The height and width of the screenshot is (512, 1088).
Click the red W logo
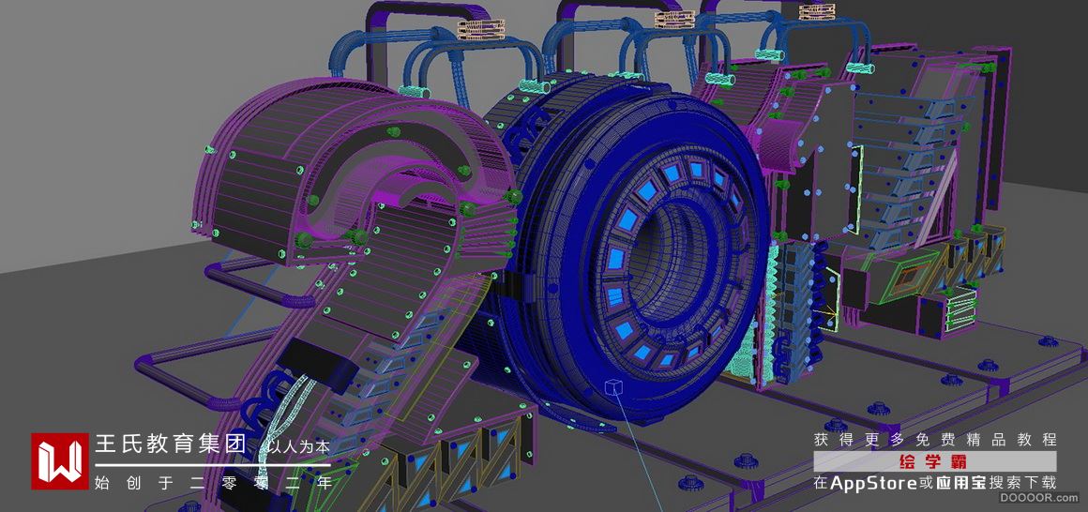pos(60,461)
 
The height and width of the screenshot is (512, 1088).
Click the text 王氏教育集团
pos(171,444)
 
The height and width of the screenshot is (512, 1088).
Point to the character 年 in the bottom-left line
pos(324,482)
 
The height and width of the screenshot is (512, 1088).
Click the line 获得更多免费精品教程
pos(935,440)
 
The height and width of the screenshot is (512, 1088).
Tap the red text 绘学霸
pos(934,462)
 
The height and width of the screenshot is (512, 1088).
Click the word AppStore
pos(873,483)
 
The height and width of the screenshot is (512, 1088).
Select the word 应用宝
pos(957,483)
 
